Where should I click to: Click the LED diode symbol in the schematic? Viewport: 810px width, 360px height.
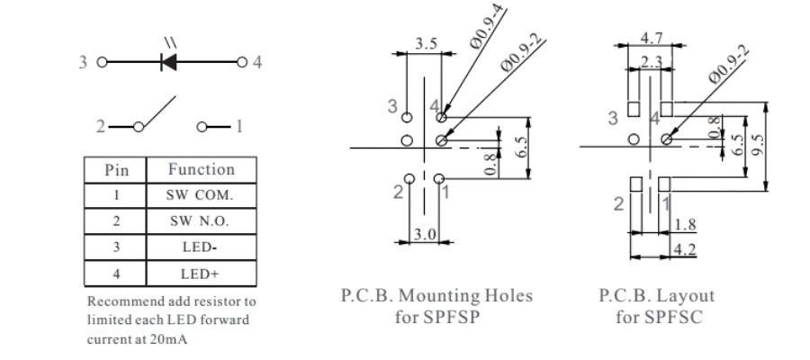[167, 62]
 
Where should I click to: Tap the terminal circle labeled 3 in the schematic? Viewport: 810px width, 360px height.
[102, 63]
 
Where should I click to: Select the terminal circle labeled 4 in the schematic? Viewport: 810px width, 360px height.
[241, 63]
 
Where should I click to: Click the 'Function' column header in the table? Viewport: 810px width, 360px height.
[201, 169]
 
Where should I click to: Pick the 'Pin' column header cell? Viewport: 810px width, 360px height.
[117, 169]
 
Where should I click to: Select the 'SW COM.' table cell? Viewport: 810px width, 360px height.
[201, 195]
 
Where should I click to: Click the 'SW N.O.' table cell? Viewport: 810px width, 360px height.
[201, 221]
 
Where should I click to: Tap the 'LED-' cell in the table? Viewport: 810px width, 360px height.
[201, 247]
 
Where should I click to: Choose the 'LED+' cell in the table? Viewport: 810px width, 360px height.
[201, 273]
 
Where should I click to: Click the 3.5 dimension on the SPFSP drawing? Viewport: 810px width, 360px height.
[427, 43]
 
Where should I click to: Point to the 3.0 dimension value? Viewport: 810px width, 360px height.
[425, 233]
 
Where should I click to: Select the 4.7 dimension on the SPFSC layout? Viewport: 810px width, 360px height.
[651, 38]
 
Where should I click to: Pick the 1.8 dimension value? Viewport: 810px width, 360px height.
[684, 224]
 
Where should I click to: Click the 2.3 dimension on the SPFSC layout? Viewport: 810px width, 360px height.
[652, 61]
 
